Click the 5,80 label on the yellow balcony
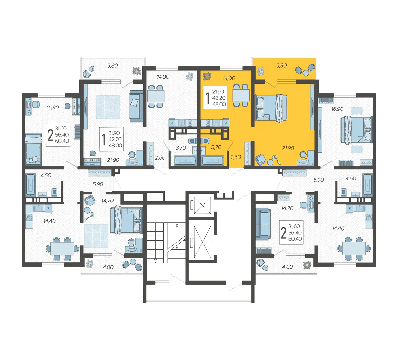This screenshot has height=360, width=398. [281, 65]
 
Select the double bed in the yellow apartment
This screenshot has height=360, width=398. [271, 108]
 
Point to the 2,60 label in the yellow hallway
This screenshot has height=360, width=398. [236, 157]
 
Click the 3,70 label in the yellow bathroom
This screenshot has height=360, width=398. [216, 147]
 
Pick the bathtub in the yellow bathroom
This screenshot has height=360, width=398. [212, 161]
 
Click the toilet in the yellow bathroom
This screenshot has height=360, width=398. [205, 141]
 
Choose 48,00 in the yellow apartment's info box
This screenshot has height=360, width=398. [219, 104]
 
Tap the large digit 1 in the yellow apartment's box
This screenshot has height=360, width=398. [208, 98]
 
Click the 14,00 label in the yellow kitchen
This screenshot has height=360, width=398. [229, 78]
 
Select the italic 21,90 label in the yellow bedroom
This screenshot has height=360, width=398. [288, 148]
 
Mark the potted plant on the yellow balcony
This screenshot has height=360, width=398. [260, 71]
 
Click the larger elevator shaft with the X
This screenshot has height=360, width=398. [202, 242]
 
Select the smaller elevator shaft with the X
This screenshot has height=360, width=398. [202, 205]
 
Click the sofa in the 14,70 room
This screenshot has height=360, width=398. [262, 224]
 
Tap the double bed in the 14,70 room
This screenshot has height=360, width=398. [126, 220]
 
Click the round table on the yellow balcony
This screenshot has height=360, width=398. [306, 73]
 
